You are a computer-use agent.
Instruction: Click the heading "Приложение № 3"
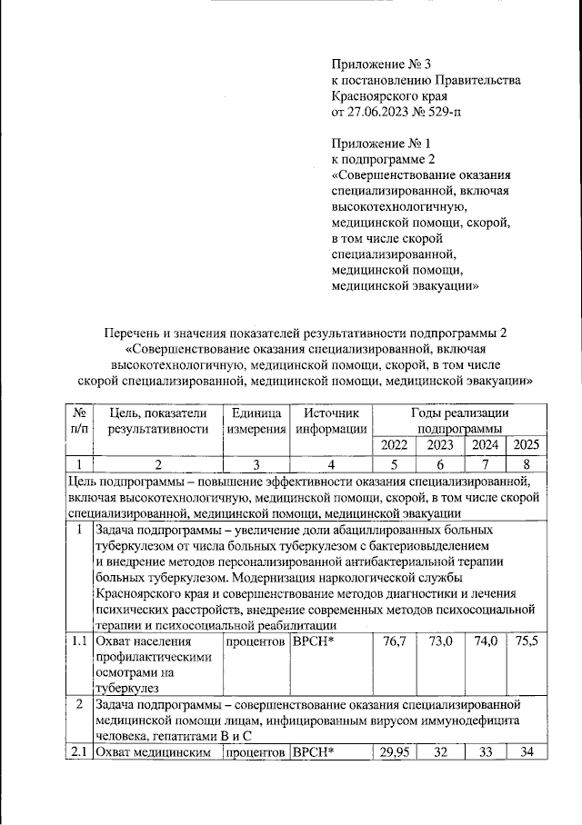click(380, 64)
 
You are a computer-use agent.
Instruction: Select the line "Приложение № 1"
click(380, 143)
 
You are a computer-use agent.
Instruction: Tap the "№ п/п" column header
click(78, 421)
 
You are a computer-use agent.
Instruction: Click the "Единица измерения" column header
click(256, 421)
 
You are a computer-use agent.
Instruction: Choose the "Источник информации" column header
click(331, 421)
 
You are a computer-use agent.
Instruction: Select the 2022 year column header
click(395, 445)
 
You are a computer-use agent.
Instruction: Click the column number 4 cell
click(331, 464)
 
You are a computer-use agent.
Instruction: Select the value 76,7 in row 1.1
click(395, 642)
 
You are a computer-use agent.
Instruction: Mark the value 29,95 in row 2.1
click(393, 750)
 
